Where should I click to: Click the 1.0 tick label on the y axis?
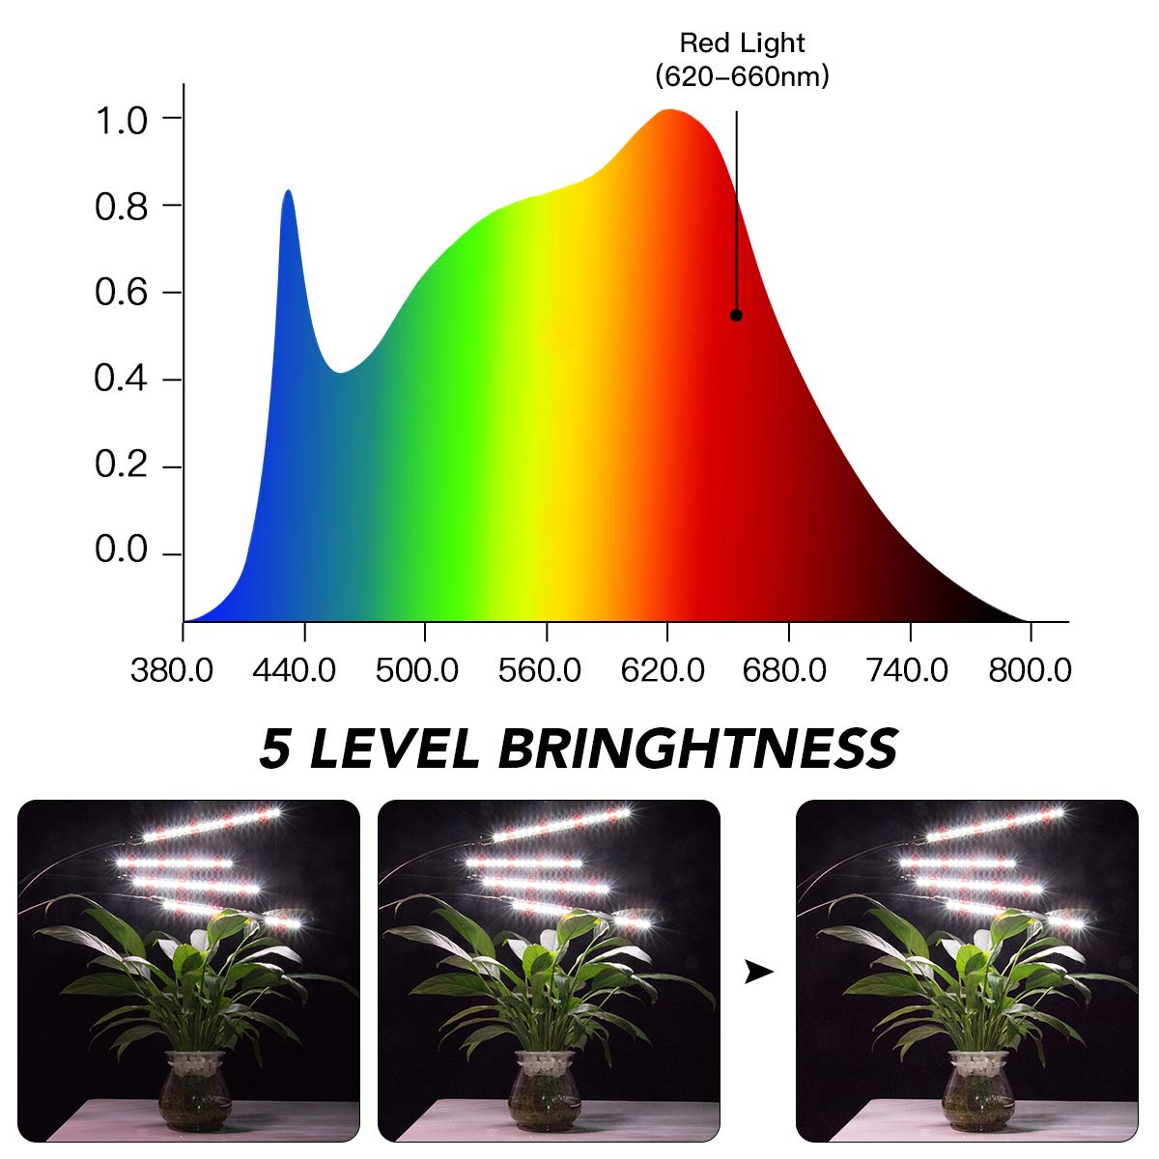(121, 121)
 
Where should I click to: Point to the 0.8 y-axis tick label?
(121, 206)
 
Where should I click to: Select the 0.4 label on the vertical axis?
(121, 379)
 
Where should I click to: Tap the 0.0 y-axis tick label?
(121, 551)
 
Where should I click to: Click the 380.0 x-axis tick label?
(172, 670)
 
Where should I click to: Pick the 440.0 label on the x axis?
(295, 670)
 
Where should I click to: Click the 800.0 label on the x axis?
(1031, 670)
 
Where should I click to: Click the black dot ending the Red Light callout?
(736, 315)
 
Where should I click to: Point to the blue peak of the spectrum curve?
(288, 193)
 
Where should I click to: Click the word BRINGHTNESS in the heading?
(698, 749)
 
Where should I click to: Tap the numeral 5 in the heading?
(275, 749)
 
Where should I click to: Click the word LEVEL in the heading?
(394, 749)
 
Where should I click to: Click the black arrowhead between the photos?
(759, 972)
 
